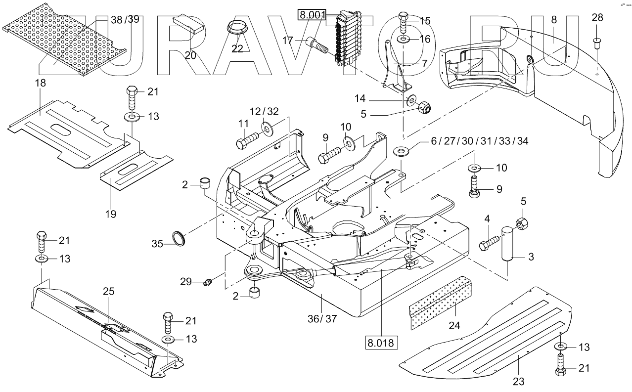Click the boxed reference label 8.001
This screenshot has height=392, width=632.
312,15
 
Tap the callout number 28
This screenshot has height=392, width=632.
597,18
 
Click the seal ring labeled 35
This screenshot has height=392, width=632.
180,238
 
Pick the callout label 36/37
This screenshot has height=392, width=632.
323,319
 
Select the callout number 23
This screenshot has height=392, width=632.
519,381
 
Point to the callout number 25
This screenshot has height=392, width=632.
109,292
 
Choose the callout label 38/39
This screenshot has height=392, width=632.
125,19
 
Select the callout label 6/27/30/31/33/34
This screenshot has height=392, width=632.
479,141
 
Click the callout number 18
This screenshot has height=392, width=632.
40,83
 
